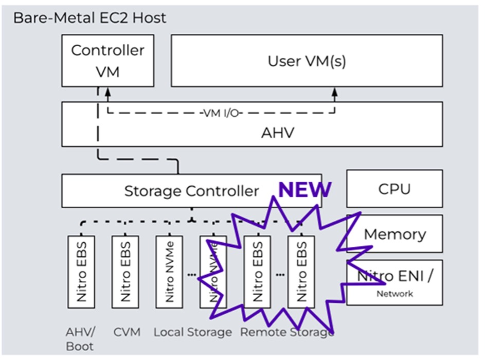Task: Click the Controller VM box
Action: [107, 60]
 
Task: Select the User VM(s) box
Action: [307, 61]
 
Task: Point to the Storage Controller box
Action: [191, 191]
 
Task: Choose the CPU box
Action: [394, 189]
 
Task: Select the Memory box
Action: [394, 235]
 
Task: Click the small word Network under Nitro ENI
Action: [394, 294]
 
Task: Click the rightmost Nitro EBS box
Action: [301, 272]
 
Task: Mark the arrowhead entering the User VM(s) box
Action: [334, 91]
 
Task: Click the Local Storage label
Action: [192, 332]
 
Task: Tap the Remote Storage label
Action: [286, 332]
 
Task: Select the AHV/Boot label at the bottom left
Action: [77, 339]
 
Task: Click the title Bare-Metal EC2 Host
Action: [89, 17]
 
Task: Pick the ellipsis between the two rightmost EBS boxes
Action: [279, 274]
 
